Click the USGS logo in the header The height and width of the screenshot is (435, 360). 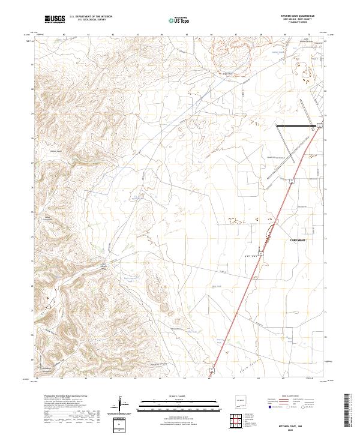tap(55, 20)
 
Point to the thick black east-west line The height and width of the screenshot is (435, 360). tap(295, 126)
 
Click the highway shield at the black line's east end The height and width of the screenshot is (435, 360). tap(321, 125)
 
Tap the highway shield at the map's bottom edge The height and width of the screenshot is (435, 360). tap(212, 379)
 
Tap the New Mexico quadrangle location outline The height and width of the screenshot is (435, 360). tap(240, 401)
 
